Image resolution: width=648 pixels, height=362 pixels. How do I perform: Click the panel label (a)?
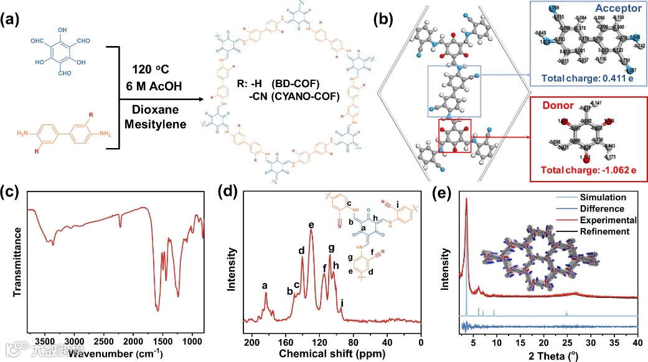tap(14, 19)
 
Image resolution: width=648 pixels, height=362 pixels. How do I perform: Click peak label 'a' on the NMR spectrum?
tap(265, 285)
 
